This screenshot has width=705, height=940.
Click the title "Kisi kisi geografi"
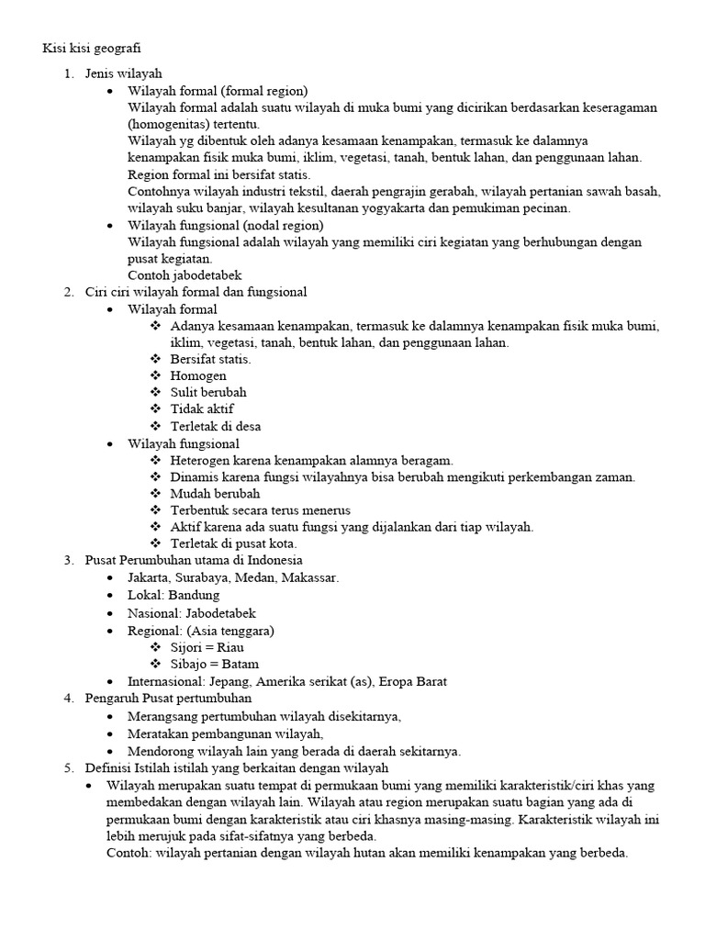[x=93, y=47]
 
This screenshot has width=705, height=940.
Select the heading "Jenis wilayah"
[x=124, y=73]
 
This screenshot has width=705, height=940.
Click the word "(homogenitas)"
[x=168, y=124]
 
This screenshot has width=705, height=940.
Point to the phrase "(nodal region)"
[x=281, y=225]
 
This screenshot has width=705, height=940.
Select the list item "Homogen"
[x=198, y=375]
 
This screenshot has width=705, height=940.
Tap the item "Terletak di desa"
[x=216, y=426]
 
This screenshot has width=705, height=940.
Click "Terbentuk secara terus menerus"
[x=261, y=509]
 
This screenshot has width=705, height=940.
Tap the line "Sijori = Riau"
[x=207, y=646]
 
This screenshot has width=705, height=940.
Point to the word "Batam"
[x=240, y=664]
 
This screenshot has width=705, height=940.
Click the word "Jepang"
[x=233, y=681]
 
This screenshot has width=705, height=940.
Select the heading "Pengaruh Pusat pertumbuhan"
[x=168, y=698]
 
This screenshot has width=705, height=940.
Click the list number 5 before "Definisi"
[x=67, y=767]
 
